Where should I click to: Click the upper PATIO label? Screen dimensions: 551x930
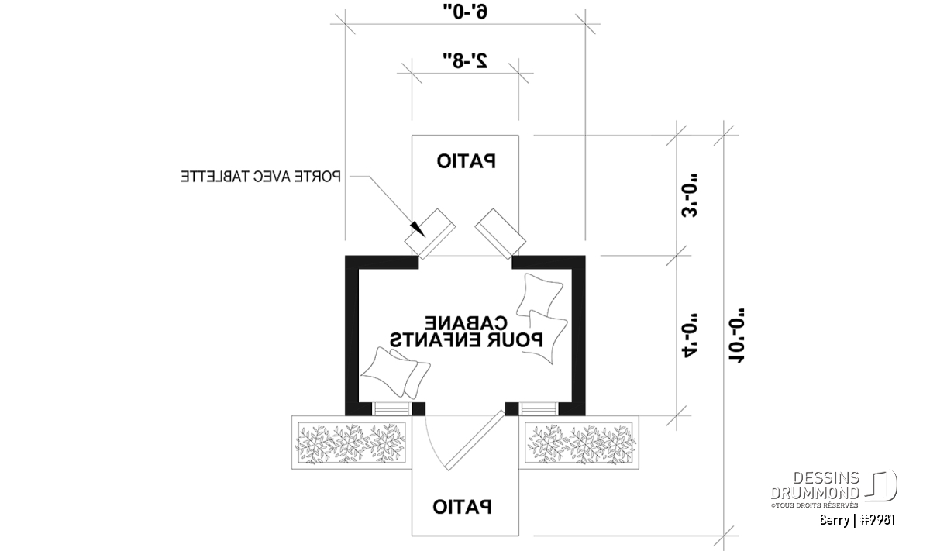click(x=466, y=161)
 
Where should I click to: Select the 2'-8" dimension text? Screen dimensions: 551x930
click(x=465, y=61)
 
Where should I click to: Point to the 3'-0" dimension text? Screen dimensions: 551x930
click(x=690, y=200)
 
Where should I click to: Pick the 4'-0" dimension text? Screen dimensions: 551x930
click(x=691, y=333)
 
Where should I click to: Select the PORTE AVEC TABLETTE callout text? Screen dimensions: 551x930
click(x=261, y=177)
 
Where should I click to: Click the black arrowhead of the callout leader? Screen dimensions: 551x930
click(x=418, y=229)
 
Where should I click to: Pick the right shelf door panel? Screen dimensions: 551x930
click(x=499, y=231)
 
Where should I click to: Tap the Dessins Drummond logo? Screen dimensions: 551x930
click(x=833, y=487)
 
